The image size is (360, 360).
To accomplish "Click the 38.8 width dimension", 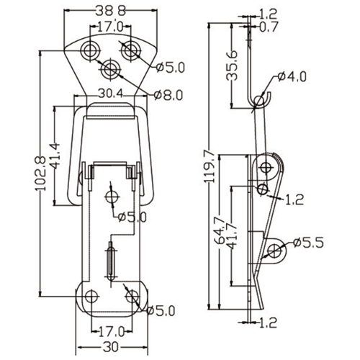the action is [111, 11].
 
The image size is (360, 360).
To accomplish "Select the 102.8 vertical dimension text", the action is [40, 174].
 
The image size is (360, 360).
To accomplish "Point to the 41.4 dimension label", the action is [54, 156].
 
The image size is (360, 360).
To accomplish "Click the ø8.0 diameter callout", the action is [168, 95].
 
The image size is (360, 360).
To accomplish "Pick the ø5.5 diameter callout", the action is [308, 243].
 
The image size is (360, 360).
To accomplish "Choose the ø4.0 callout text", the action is [292, 77].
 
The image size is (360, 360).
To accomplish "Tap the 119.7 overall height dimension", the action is [209, 166].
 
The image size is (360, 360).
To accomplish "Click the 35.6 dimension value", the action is [232, 66].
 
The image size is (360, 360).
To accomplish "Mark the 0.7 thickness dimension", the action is [269, 27].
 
